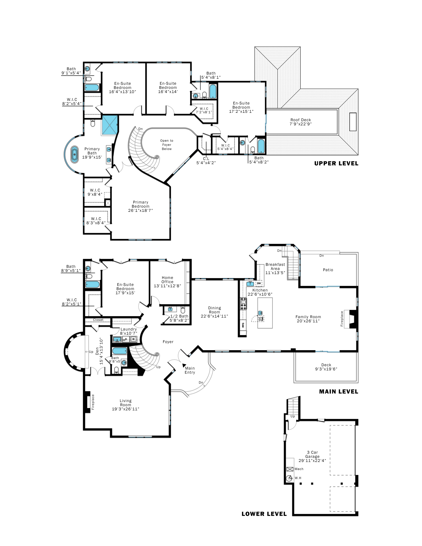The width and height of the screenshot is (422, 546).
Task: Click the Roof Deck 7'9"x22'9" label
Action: tap(301, 122)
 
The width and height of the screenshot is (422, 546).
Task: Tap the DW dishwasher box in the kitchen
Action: tap(259, 283)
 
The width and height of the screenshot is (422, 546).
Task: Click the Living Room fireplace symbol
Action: tap(87, 402)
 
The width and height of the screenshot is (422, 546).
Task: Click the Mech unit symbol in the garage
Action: tap(290, 469)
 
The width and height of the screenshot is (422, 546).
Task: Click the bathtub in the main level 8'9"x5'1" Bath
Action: tap(92, 284)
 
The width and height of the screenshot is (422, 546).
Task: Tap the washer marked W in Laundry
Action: tap(133, 339)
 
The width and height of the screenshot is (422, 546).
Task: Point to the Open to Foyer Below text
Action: tap(166, 145)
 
